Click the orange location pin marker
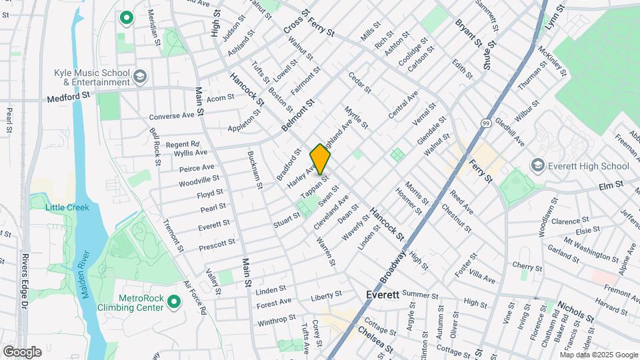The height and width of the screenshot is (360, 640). pyautogui.click(x=320, y=159)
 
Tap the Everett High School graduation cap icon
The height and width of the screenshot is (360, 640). pyautogui.click(x=537, y=165)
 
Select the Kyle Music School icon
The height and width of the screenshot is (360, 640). pyautogui.click(x=140, y=77)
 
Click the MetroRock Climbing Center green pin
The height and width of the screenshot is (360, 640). pyautogui.click(x=175, y=302)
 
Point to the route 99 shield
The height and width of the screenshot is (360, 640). pyautogui.click(x=486, y=123)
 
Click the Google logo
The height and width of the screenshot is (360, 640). pyautogui.click(x=22, y=351)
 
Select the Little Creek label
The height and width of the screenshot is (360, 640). pyautogui.click(x=67, y=207)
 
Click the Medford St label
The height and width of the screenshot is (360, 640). pyautogui.click(x=68, y=97)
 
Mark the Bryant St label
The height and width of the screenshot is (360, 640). pyautogui.click(x=469, y=32)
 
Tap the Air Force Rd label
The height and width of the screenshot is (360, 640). pyautogui.click(x=195, y=297)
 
